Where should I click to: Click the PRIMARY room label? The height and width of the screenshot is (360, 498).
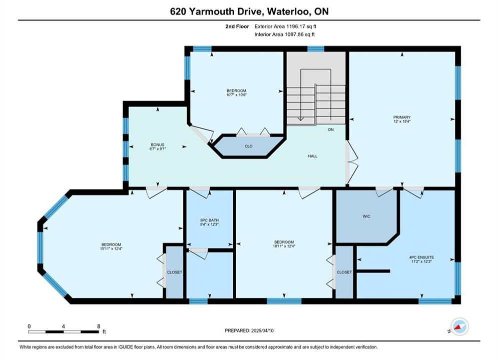point(402,117)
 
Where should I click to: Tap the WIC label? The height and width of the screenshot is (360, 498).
point(366,216)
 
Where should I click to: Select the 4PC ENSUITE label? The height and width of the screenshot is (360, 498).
point(421,257)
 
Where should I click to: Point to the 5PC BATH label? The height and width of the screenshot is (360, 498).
point(209,220)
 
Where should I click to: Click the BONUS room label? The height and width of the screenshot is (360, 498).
point(158,144)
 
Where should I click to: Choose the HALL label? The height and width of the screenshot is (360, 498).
point(313,156)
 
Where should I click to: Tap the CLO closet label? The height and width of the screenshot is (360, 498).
point(249,146)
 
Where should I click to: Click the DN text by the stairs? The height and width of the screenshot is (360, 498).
point(331,129)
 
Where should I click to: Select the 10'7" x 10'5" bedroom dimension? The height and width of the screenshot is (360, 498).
point(237,95)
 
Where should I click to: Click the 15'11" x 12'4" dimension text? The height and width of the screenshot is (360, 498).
point(111,248)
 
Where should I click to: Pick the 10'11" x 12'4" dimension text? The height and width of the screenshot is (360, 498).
point(284,246)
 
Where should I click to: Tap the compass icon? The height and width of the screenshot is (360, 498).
point(459,326)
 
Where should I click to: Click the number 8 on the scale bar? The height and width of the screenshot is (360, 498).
point(99,326)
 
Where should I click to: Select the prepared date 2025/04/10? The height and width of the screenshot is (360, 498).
point(262,330)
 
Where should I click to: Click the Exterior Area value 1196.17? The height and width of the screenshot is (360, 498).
point(296,26)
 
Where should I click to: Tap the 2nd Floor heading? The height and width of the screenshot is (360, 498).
point(237,26)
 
